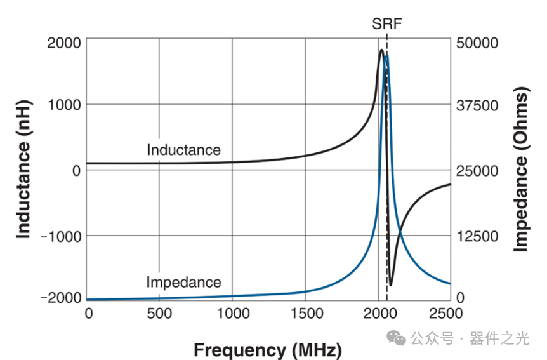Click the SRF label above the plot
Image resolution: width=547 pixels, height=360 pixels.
[x=386, y=25]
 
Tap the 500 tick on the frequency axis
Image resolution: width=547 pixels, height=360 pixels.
[x=159, y=312]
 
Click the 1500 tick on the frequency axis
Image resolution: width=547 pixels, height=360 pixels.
[x=306, y=312]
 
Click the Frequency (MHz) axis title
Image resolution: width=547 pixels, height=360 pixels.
[x=267, y=349]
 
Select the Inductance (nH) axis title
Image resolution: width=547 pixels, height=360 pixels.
[x=23, y=170]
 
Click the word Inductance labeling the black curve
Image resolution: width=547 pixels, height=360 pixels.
[x=183, y=150]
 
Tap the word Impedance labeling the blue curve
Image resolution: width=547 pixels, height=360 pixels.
[x=183, y=282]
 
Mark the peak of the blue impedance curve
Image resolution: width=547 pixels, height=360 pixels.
[x=386, y=56]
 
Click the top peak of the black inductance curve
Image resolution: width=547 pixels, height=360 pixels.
[x=381, y=50]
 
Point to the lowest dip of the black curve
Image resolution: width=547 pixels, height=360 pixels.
[x=391, y=285]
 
